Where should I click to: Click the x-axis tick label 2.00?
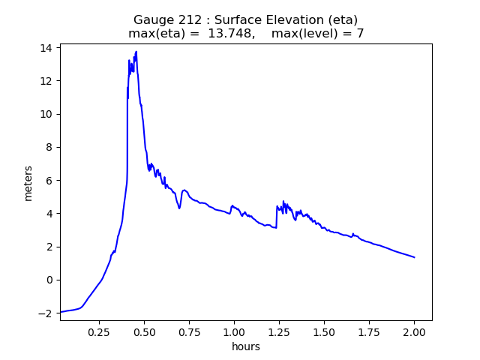tap(414, 331)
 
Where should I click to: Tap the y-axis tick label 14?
tap(46, 48)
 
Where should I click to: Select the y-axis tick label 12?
tap(46, 81)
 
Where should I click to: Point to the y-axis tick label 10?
tap(46, 114)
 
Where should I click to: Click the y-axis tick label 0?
tap(49, 280)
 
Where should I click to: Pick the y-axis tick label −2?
tap(46, 313)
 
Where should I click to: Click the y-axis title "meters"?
tap(28, 183)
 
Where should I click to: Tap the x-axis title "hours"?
tap(246, 346)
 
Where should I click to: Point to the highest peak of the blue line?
tap(136, 52)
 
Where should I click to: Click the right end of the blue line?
tap(415, 257)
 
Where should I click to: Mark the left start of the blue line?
tap(61, 312)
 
